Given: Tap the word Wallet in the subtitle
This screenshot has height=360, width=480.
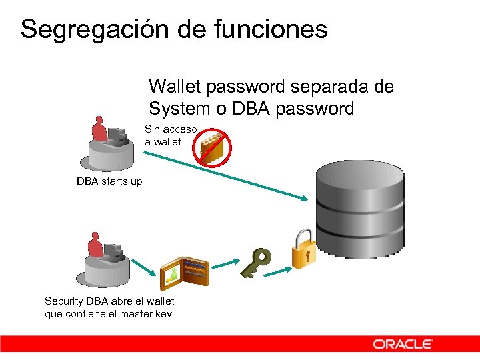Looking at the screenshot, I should [175, 87].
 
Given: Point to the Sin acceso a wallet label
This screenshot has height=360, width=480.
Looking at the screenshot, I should [169, 135].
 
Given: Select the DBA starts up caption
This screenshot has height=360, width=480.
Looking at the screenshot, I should [109, 181].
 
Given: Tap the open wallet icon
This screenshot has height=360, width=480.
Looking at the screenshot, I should [185, 270].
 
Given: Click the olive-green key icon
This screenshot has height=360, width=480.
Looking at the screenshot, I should [256, 263].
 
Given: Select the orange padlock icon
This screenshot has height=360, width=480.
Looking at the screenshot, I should [303, 249].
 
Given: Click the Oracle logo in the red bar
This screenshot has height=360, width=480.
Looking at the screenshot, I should [403, 344].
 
